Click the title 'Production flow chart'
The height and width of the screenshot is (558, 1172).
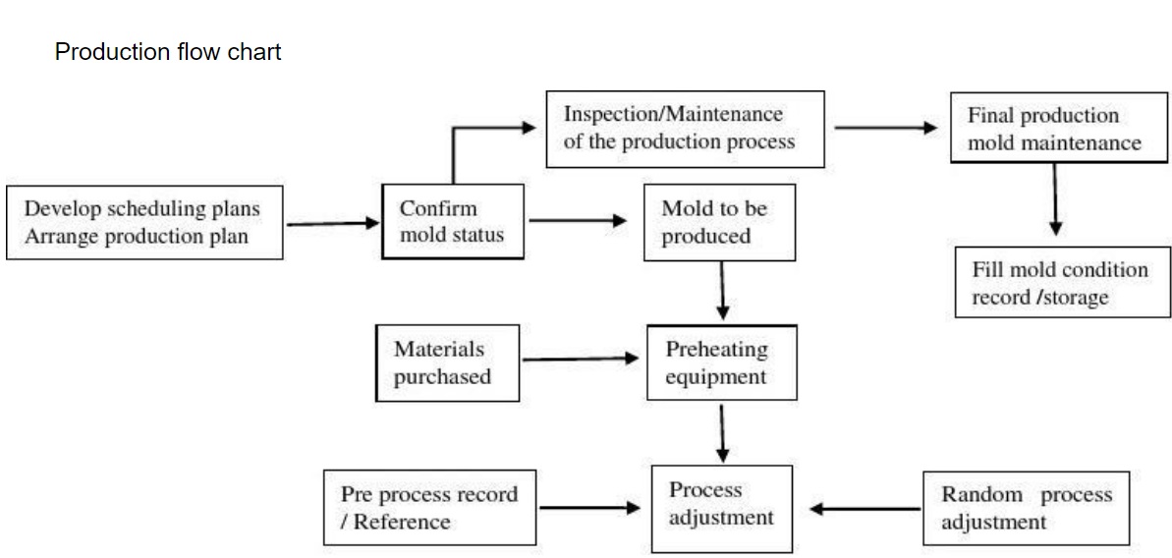point(168,52)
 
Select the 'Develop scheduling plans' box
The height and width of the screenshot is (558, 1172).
point(144,223)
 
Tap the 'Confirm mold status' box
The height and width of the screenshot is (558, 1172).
point(451,222)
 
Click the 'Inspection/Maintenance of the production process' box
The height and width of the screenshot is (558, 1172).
point(684,128)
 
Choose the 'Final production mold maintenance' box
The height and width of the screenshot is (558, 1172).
point(1059,129)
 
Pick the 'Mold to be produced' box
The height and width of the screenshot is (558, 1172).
point(719,223)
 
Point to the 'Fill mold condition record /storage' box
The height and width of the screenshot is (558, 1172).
point(1063,283)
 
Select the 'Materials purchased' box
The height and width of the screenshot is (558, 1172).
point(447,363)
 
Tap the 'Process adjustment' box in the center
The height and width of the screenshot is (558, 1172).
point(722,504)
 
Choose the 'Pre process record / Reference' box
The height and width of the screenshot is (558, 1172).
point(429,508)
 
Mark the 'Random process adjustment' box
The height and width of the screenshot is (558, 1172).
point(1026,508)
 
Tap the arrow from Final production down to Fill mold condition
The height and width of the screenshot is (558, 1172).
point(1055,199)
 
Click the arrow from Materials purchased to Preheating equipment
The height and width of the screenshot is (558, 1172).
point(581,360)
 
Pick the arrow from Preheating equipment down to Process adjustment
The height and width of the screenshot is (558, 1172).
point(723,432)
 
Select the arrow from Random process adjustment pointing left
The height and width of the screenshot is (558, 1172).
point(865,509)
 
